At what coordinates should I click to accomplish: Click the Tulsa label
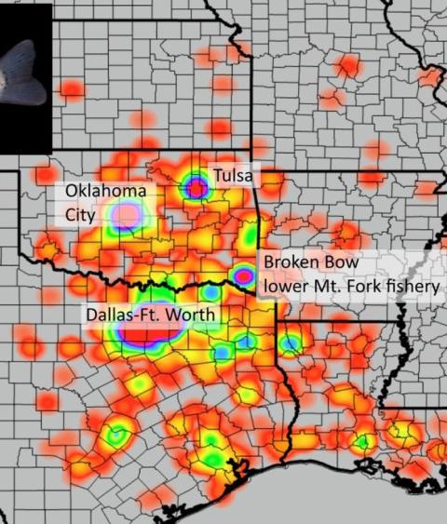click(232, 174)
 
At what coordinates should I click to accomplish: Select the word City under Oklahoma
click(81, 214)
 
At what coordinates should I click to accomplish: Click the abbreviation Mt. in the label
click(326, 285)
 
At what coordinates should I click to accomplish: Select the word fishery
click(412, 285)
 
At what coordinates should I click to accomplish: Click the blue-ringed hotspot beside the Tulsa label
click(196, 188)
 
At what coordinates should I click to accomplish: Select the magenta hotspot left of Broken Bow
click(243, 275)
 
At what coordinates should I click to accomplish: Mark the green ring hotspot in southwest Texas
click(117, 435)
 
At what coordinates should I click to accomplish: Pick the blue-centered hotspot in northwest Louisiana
click(291, 344)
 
